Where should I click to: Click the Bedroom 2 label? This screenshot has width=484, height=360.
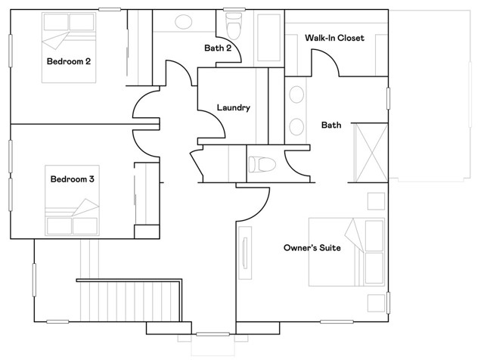pyautogui.click(x=69, y=61)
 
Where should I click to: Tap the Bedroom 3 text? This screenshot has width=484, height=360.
pyautogui.click(x=72, y=179)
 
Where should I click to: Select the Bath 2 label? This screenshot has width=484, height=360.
pyautogui.click(x=217, y=48)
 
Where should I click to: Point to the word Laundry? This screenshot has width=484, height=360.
pyautogui.click(x=233, y=107)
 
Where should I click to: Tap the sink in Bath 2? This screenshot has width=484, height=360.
pyautogui.click(x=184, y=20)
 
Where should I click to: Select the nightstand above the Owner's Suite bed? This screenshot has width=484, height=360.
pyautogui.click(x=374, y=200)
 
